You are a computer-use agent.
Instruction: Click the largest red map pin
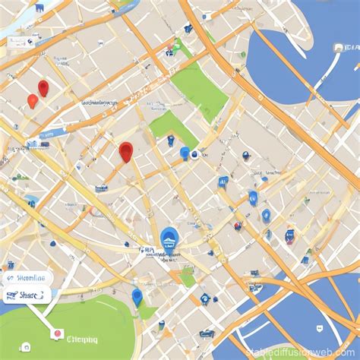[126, 151]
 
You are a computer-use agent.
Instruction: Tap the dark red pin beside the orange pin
[43, 87]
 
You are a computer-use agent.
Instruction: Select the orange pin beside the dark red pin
[32, 100]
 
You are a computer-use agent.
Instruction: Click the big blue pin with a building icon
[170, 238]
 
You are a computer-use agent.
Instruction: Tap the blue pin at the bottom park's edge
[137, 296]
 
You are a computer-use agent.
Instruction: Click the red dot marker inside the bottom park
[55, 333]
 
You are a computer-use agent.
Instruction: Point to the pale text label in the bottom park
[82, 339]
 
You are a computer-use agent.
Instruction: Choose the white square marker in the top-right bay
[336, 47]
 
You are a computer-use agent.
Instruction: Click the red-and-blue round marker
[238, 226]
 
